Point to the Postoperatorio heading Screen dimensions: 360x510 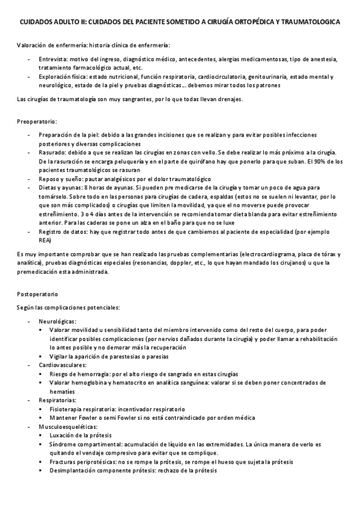(x=38, y=295)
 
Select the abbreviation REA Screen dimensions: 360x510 (x=45, y=240)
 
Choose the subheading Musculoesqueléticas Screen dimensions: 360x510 (x=67, y=426)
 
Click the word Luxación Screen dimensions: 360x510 (x=63, y=434)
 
